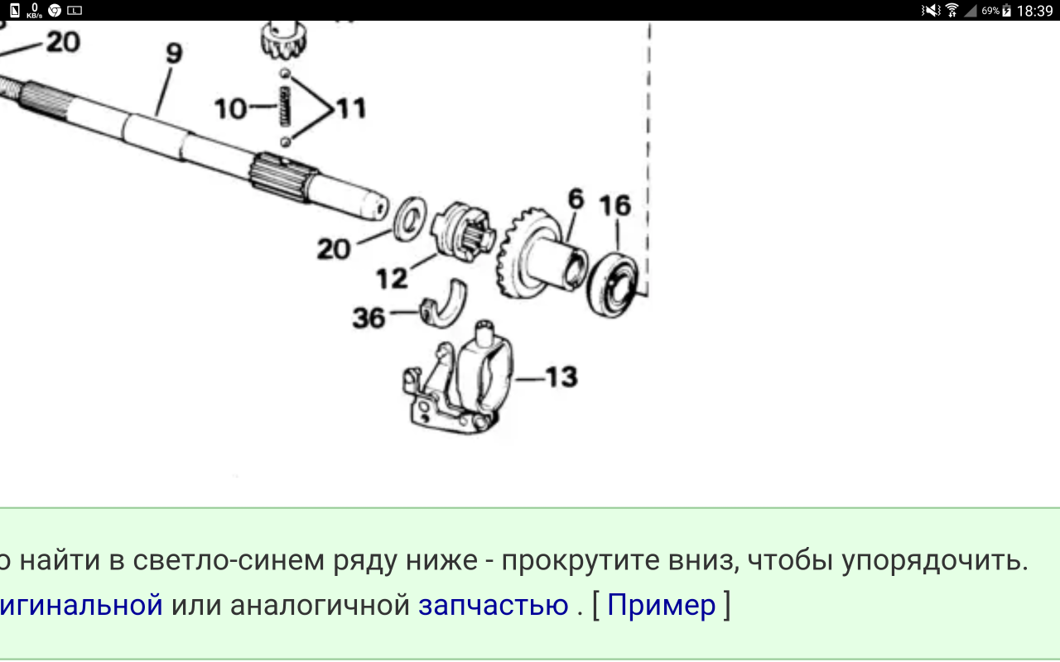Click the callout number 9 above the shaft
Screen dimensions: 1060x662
click(x=174, y=53)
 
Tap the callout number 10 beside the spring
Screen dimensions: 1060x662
click(x=230, y=108)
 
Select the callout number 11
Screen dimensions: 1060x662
click(x=351, y=108)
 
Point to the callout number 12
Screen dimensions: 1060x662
click(x=392, y=279)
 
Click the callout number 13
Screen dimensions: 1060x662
click(x=561, y=377)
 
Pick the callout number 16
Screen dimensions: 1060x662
click(x=615, y=206)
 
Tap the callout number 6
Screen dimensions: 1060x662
click(x=576, y=199)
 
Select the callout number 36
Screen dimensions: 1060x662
click(x=369, y=318)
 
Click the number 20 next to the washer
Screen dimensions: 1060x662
click(x=334, y=249)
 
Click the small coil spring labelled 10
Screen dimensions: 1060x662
click(x=284, y=107)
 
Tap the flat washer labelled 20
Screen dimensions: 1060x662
click(x=410, y=219)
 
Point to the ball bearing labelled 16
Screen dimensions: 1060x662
click(x=612, y=285)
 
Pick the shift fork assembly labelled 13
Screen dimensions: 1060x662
click(x=458, y=377)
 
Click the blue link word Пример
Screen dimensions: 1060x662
click(x=661, y=605)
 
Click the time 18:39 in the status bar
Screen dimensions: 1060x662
click(x=1035, y=11)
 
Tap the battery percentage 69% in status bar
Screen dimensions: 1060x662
click(x=990, y=11)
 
